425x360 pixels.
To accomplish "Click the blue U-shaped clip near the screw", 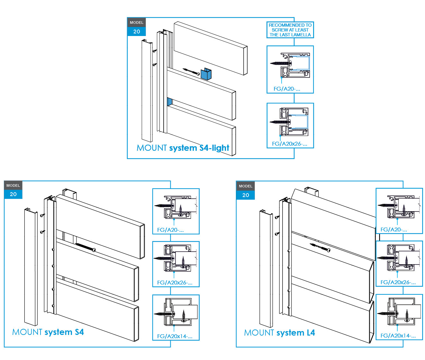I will pyautogui.click(x=206, y=74).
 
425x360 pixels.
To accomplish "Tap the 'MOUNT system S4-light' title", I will pyautogui.click(x=183, y=148).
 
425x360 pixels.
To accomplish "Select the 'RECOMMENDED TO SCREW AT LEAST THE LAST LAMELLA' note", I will pyautogui.click(x=290, y=30).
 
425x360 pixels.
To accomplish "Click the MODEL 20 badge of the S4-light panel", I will pyautogui.click(x=137, y=27).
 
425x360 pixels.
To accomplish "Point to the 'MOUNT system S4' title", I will pyautogui.click(x=48, y=332).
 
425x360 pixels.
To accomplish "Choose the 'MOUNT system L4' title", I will pyautogui.click(x=279, y=333).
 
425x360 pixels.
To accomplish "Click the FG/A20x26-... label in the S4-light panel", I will pyautogui.click(x=289, y=144).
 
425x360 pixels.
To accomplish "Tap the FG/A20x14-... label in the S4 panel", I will pyautogui.click(x=175, y=336).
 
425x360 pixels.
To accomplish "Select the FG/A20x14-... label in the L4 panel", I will pyautogui.click(x=398, y=336).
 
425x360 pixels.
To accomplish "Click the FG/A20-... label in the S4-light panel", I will pyautogui.click(x=286, y=89).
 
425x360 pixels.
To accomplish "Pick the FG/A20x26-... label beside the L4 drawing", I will pyautogui.click(x=398, y=282).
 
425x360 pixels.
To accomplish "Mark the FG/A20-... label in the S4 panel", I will pyautogui.click(x=170, y=230).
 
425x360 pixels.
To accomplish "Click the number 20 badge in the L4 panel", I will pyautogui.click(x=246, y=195).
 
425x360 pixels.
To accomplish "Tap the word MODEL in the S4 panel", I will pyautogui.click(x=13, y=185).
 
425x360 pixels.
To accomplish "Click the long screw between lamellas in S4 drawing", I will pyautogui.click(x=86, y=247).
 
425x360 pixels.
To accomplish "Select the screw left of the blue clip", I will pyautogui.click(x=191, y=71).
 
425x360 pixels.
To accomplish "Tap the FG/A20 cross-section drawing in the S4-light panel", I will pyautogui.click(x=290, y=65).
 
